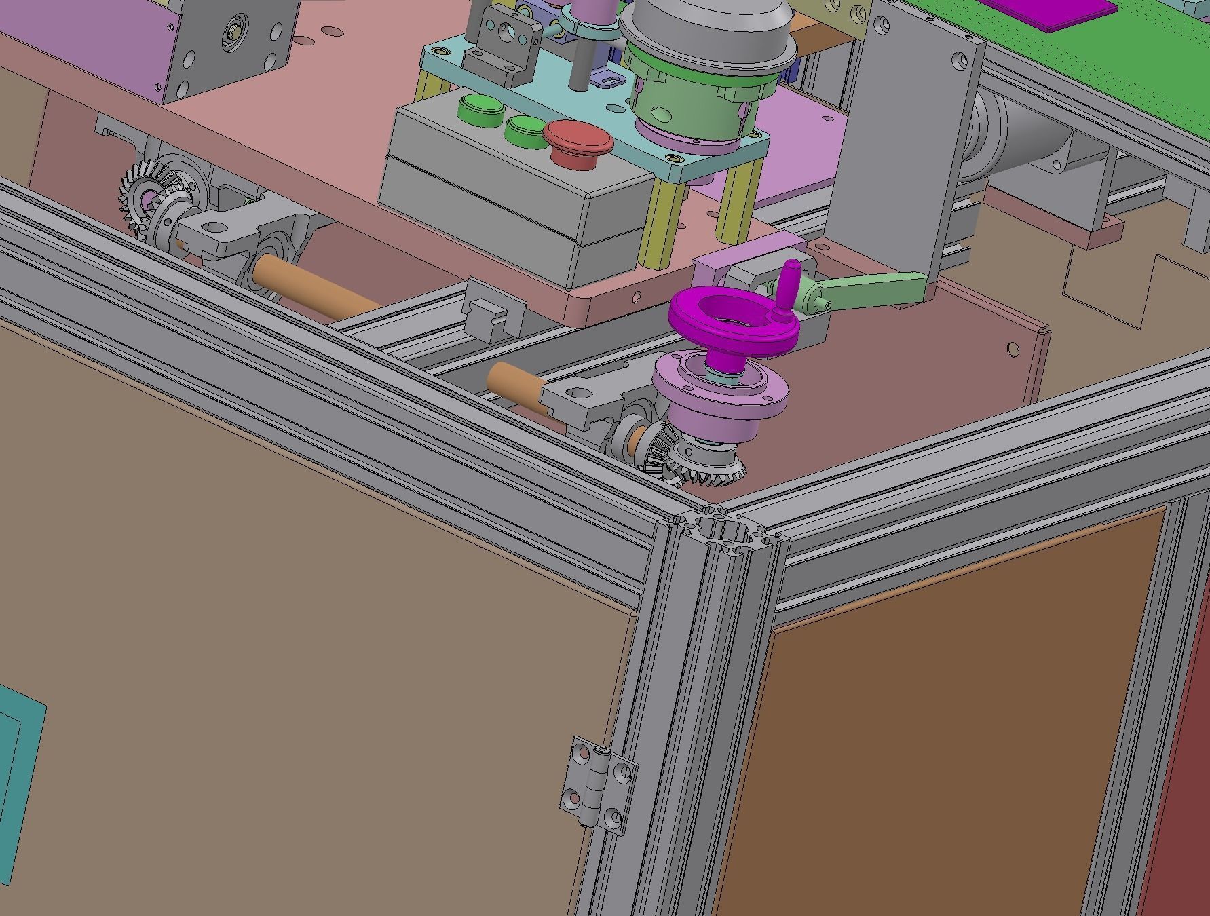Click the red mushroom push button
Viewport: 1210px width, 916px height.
click(578, 138)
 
